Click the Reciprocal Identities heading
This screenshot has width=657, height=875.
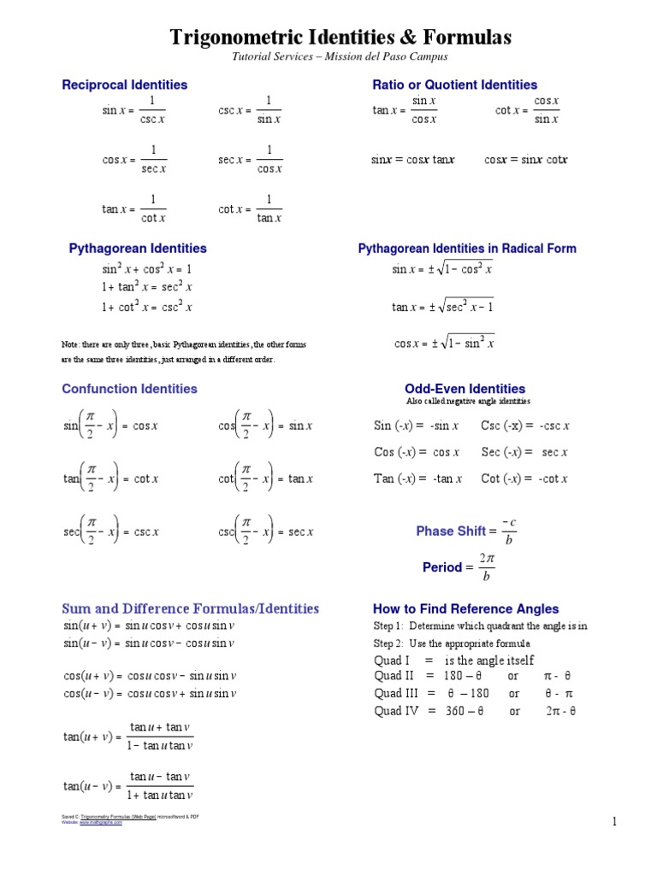click(124, 85)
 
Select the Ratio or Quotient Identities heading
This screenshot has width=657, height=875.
click(454, 85)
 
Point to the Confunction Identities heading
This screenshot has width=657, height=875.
click(129, 389)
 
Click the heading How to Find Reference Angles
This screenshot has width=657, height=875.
click(465, 609)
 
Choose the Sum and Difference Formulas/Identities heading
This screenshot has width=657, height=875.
click(190, 609)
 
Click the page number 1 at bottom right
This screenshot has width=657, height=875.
click(614, 822)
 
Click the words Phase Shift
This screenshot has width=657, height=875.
click(451, 531)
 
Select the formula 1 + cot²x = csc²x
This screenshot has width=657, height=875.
click(147, 307)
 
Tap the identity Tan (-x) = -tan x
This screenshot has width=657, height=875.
click(417, 479)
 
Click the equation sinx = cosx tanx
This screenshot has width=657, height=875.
click(412, 160)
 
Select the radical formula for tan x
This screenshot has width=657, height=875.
click(442, 307)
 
